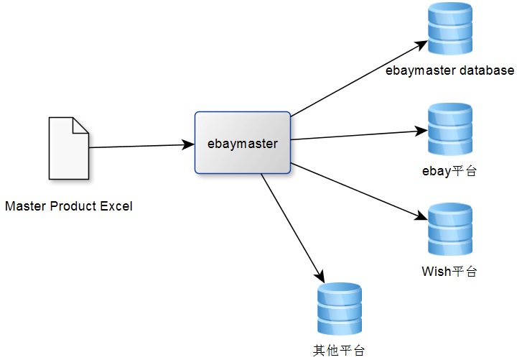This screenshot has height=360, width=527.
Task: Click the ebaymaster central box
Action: tap(243, 142)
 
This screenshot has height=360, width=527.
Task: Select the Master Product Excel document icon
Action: tap(68, 148)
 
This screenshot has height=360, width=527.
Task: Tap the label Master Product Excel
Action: tap(69, 207)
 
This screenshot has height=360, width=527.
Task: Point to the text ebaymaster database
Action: tap(449, 70)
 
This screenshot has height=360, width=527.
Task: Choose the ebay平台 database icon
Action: tap(449, 129)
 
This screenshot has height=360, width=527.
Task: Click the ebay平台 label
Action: tap(449, 171)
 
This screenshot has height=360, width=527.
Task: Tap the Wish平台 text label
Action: tap(449, 271)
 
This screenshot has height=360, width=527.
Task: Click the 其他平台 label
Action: tap(339, 351)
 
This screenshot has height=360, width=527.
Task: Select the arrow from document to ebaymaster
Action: tap(141, 146)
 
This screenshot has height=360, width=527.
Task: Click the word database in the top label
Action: tap(488, 70)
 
